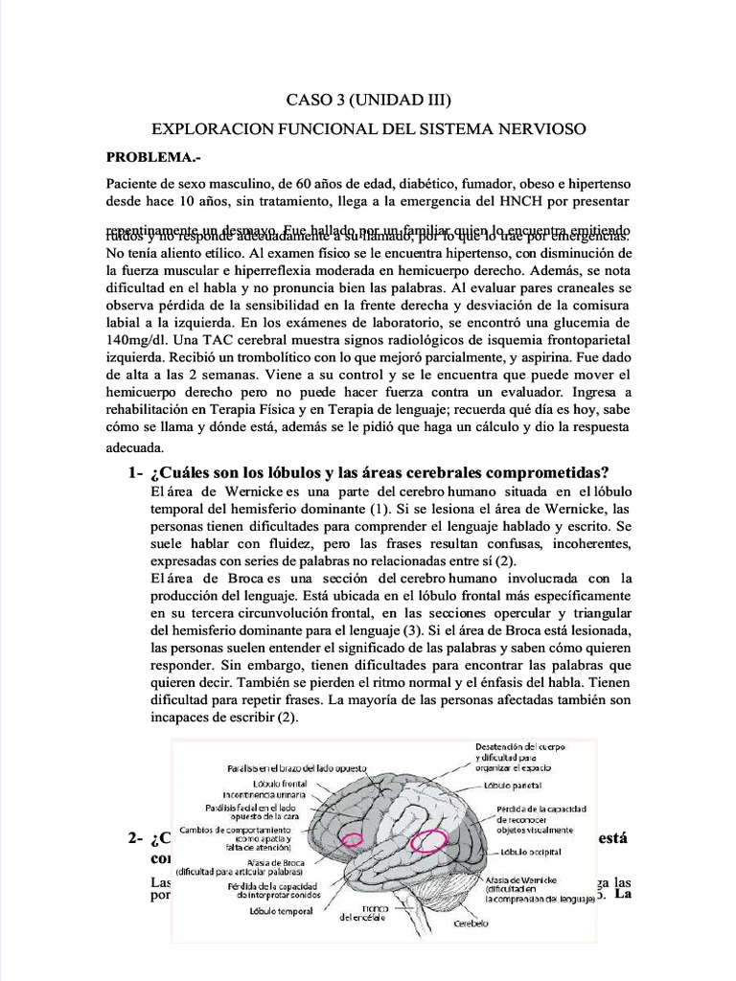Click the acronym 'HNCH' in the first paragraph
(x=496, y=202)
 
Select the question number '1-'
(x=133, y=472)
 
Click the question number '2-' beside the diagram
(x=134, y=840)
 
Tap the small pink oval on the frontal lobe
(x=353, y=840)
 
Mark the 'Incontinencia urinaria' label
(x=265, y=795)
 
